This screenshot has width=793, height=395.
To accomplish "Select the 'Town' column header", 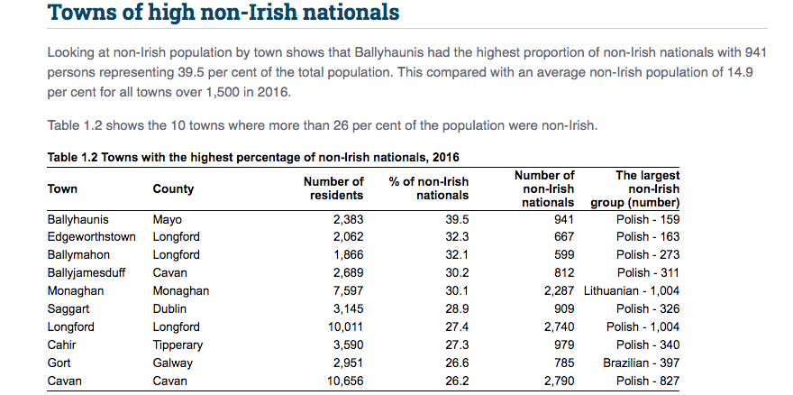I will pos(62,189).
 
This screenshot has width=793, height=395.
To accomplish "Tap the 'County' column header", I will pos(173,189).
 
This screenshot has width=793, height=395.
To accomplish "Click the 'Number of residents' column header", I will pos(333,188).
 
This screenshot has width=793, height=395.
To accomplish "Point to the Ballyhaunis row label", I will pos(77,219).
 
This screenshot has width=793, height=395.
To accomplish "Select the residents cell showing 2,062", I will pos(347,237).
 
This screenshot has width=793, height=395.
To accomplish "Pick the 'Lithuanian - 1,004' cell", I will pos(631,291).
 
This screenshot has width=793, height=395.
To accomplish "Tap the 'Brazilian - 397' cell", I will pos(641,363).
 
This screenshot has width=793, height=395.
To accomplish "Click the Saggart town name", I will pos(68,309).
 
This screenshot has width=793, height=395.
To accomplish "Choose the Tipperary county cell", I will pos(178,345).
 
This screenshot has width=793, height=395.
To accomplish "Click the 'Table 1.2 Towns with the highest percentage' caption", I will pos(252,157).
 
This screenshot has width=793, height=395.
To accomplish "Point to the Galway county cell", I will pos(172,363).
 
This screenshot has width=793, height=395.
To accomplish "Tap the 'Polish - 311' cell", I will pos(648,273).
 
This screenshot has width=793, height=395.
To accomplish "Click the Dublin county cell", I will pos(170,309).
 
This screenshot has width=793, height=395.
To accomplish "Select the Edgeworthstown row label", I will pos(91,237).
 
